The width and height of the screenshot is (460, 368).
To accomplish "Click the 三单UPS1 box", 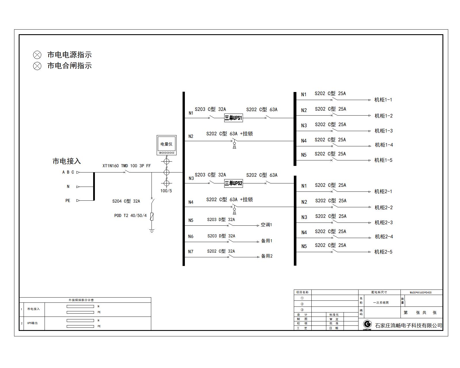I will pos(233,118).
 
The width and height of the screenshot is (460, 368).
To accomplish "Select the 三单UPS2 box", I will pos(233,183).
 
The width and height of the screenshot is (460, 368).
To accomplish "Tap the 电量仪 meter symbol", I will pos(166,145).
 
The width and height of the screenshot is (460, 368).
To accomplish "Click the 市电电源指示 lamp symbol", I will pos(37,55).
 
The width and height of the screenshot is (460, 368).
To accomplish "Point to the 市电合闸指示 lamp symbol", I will pos(37,66).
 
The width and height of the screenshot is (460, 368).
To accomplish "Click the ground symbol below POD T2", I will pos(152,230).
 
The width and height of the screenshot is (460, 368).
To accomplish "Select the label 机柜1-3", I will pos(384,131).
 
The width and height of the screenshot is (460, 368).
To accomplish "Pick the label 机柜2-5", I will pos(383,252).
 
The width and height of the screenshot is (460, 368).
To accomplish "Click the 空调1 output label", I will pos(266,225).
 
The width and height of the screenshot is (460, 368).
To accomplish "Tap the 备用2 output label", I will pos(267,256).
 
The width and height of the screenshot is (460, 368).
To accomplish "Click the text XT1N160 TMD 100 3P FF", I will pos(126,166).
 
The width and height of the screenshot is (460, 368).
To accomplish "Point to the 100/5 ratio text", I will pos(166,191).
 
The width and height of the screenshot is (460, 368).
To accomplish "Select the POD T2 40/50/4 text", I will pos(131,216).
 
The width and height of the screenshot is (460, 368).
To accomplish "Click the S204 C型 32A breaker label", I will pos(126,201).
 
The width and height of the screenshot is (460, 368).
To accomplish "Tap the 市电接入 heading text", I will pos(67,161).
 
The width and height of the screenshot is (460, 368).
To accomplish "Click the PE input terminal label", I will pos(68,201).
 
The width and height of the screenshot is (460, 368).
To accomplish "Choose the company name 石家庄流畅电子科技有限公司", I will pos(409,325).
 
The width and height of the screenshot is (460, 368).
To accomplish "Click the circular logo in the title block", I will pos(367,324).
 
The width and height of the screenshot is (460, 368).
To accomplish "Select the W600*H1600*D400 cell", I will pos(421,292).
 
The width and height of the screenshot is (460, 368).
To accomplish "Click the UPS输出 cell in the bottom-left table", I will pos(32,323).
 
